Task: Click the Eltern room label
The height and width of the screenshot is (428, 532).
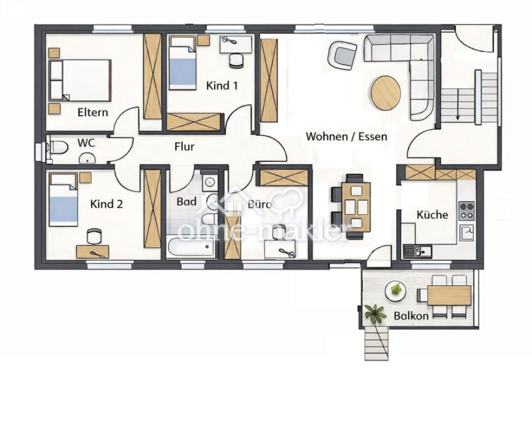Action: click(x=93, y=112)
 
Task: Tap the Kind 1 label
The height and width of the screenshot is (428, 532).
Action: click(x=222, y=86)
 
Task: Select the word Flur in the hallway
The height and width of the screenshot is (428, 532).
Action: click(x=184, y=146)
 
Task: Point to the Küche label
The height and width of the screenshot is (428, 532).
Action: click(x=432, y=214)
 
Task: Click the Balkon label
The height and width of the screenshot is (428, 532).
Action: click(x=411, y=316)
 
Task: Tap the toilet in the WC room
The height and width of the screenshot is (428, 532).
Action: click(x=58, y=148)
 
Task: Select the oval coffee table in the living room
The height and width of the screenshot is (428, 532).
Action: click(x=386, y=93)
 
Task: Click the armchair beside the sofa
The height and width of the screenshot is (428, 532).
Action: click(x=342, y=55)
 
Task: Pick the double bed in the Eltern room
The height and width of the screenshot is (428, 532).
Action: click(x=80, y=80)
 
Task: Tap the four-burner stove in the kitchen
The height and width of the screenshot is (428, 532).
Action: click(x=466, y=211)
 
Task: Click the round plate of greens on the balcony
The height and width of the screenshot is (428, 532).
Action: click(x=395, y=290)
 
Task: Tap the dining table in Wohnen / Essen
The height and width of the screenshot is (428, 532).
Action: click(x=356, y=207)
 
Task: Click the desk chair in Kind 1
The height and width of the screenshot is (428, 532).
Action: click(x=236, y=61)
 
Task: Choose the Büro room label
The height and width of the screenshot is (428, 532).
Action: click(x=259, y=204)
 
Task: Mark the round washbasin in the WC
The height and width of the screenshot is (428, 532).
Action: click(x=87, y=158)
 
